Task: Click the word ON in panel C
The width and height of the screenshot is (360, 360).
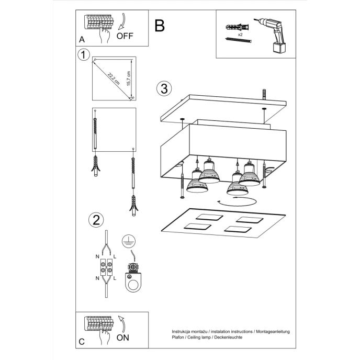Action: point(123,337)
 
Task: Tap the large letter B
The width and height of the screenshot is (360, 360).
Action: point(160,25)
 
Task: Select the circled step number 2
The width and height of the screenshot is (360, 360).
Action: point(95,220)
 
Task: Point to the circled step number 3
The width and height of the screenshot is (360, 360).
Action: point(164,88)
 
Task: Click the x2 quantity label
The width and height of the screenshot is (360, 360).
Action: point(240,33)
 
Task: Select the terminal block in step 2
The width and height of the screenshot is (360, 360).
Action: point(106,268)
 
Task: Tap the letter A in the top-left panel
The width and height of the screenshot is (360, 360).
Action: point(81,40)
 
